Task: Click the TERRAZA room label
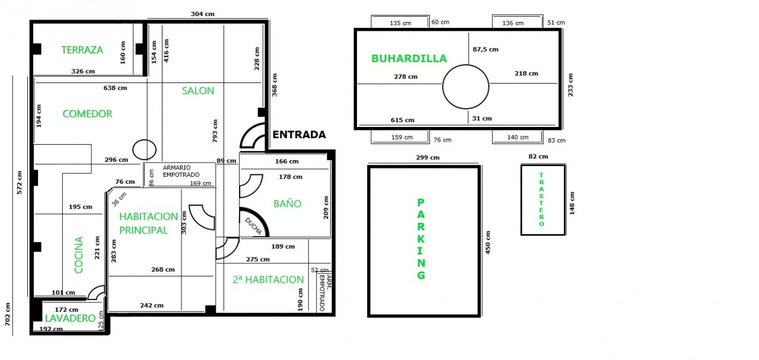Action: pos(82,50)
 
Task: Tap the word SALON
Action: pos(198,91)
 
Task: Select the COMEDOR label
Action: pos(87,113)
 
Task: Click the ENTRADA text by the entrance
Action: pos(299,135)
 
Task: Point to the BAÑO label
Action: pos(288,203)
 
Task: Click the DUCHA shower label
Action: pos(253,226)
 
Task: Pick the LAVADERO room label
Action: pos(70,318)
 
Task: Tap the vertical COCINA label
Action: pos(79,255)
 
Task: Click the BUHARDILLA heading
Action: pos(409,58)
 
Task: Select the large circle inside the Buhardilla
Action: pos(443,87)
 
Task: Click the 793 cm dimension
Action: pos(215,131)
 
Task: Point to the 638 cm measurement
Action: pos(115,88)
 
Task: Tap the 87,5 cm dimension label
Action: pos(486,49)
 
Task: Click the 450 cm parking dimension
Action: pos(488,243)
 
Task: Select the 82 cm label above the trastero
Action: pos(538,157)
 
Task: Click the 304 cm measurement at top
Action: pos(203,14)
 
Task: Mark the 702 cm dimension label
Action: pos(8,314)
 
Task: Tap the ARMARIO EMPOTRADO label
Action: pos(181,171)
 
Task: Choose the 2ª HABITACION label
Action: pos(268,280)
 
